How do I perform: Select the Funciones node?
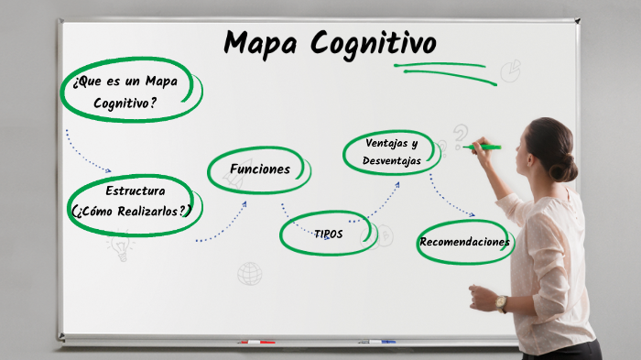coord(260,169)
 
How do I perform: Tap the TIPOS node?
coord(328,234)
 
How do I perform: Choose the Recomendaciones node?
coord(464,243)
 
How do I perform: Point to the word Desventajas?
coord(391,160)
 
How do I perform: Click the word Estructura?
coord(135,191)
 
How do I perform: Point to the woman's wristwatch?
coord(501,303)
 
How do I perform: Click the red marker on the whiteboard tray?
coord(256,343)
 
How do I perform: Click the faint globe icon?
coord(249,273)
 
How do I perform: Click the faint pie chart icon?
coord(510,71)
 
